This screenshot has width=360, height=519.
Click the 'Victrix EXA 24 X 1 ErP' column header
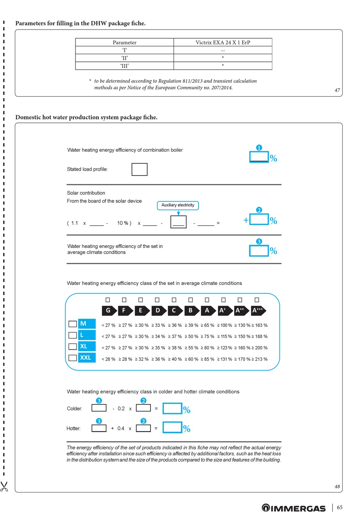click(223, 42)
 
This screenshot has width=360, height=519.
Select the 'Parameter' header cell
click(125, 42)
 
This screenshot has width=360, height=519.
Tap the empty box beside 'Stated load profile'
click(139, 169)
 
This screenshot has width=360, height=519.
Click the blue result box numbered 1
click(259, 157)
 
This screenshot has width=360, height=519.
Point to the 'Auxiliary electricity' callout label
click(178, 205)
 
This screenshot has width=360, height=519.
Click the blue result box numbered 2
click(259, 219)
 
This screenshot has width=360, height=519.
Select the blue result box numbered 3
click(259, 251)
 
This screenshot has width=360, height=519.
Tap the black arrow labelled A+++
click(258, 310)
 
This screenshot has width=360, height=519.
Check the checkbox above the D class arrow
click(157, 300)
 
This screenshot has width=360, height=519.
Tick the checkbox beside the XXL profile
click(72, 357)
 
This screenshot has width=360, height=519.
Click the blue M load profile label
click(86, 324)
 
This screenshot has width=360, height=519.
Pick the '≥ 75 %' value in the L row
click(208, 337)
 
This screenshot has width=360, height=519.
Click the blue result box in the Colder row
click(172, 408)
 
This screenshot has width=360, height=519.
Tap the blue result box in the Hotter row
click(172, 427)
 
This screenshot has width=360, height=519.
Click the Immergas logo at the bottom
click(294, 508)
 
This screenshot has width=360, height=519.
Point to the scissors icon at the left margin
click(4, 486)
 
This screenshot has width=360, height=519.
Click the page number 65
click(340, 507)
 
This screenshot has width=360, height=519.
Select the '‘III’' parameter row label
click(125, 66)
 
